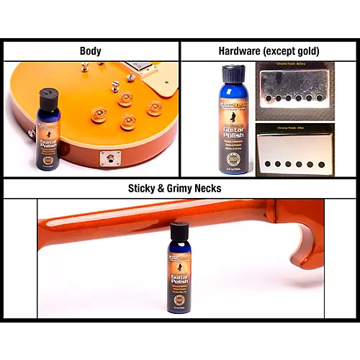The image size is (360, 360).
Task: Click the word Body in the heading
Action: (90, 51)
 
